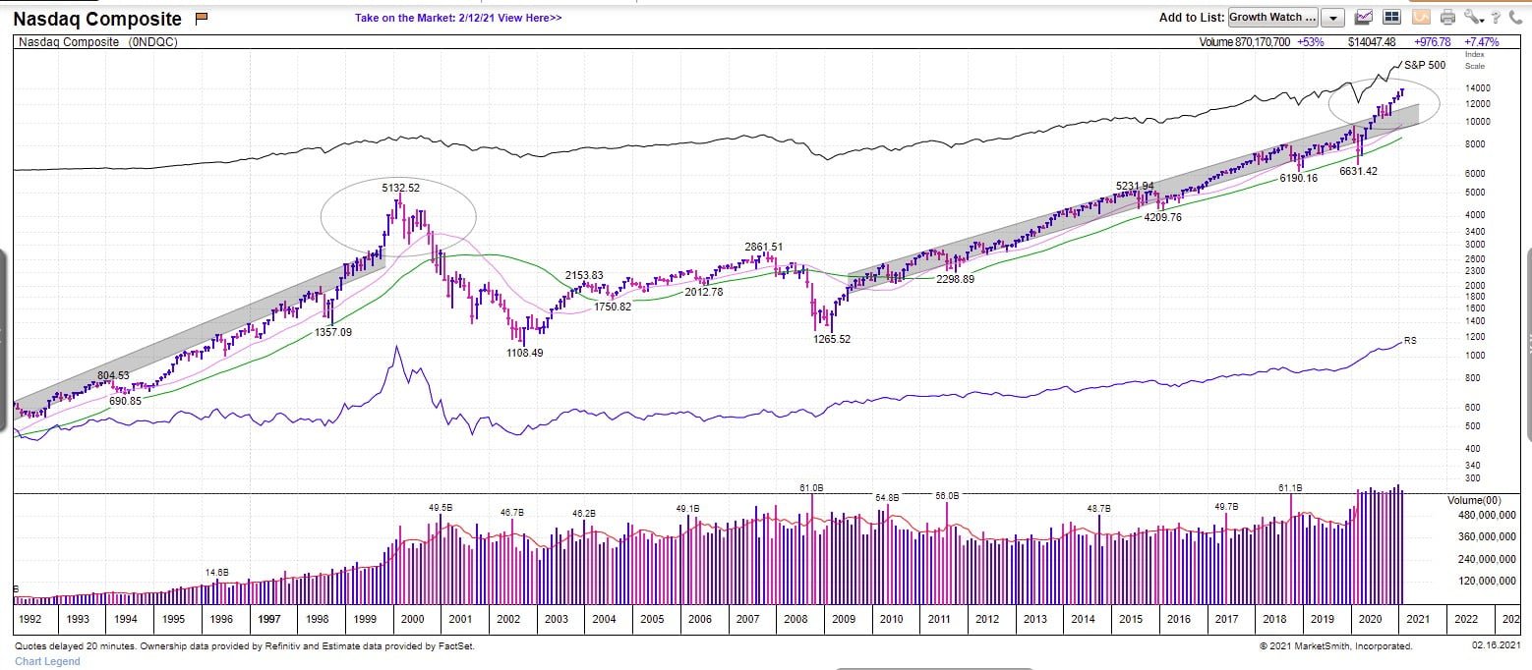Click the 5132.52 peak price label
click(400, 187)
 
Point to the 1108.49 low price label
click(523, 353)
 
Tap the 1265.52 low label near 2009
click(831, 339)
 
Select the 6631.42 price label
click(1358, 171)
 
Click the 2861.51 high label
click(764, 247)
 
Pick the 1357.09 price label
click(332, 332)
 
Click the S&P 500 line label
click(1423, 65)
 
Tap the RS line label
click(1410, 341)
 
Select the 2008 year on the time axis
click(795, 619)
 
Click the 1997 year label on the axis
click(268, 619)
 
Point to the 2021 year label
click(1418, 619)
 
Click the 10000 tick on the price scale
click(1477, 122)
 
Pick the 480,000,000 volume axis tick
click(1484, 515)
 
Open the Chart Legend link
click(47, 661)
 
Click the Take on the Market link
click(458, 18)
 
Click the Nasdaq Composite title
click(97, 19)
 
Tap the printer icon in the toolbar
click(1446, 17)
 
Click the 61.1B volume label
click(1290, 487)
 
